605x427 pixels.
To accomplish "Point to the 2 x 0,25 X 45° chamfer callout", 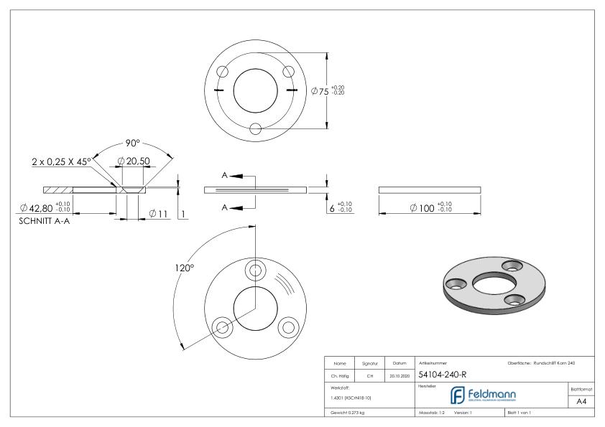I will (62, 161).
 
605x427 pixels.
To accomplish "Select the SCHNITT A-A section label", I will (43, 221).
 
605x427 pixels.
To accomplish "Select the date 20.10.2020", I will (399, 375).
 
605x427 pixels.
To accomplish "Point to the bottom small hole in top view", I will (256, 128).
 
